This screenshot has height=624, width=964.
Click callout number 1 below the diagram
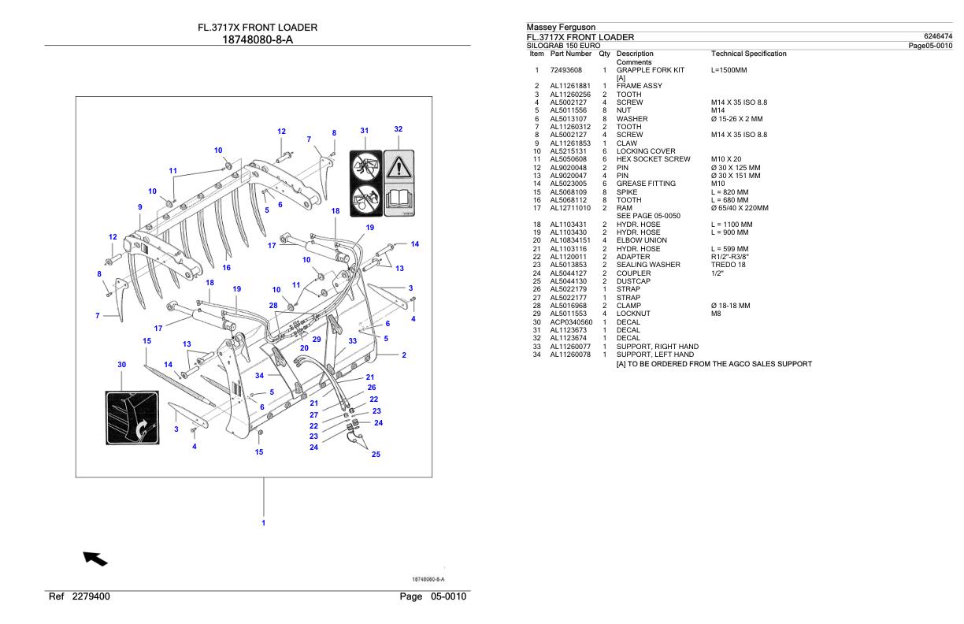point(264,522)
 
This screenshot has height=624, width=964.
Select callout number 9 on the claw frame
point(139,207)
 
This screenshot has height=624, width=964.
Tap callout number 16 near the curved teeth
point(227,268)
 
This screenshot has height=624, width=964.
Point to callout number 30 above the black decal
point(122,365)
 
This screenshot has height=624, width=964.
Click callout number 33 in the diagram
point(353,341)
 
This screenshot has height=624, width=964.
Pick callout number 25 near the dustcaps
point(376,455)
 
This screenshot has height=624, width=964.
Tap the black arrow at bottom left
point(95,559)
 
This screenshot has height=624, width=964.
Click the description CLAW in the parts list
point(627,143)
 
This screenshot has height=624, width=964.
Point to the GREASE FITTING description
point(646,184)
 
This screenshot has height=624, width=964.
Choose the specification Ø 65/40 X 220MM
point(740,208)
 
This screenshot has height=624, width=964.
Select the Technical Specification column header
point(748,54)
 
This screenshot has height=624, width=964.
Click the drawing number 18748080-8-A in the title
point(258,40)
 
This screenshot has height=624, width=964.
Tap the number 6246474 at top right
point(936,36)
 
